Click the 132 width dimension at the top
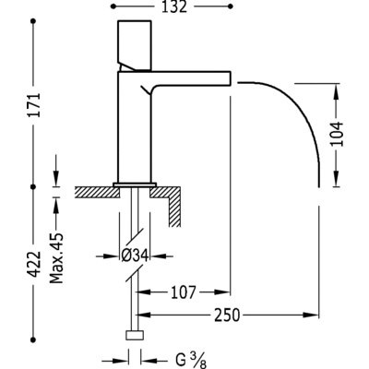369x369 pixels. click(174, 6)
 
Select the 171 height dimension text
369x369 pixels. click(34, 104)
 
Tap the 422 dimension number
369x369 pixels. click(34, 264)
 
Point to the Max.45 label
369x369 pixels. click(56, 258)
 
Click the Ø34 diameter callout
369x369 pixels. click(135, 256)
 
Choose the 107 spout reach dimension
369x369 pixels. click(184, 292)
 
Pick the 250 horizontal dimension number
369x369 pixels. click(227, 315)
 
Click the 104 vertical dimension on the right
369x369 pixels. click(337, 134)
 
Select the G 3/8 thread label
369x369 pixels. click(191, 361)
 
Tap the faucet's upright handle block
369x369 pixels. click(135, 45)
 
